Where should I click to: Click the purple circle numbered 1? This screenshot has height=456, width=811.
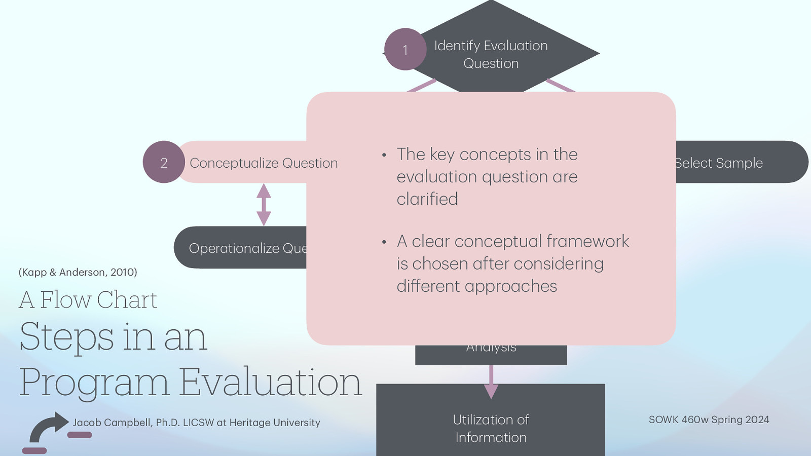click(x=405, y=50)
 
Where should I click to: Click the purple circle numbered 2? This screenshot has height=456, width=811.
click(x=164, y=163)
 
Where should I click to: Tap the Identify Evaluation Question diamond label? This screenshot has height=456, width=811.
click(x=491, y=54)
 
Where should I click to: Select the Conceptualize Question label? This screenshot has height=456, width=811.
click(x=263, y=163)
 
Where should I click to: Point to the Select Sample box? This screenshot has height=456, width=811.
click(x=730, y=163)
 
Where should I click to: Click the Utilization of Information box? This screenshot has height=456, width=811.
click(x=491, y=428)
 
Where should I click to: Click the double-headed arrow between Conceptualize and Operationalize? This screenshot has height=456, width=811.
click(x=264, y=205)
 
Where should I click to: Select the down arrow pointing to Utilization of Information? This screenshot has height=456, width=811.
click(x=491, y=383)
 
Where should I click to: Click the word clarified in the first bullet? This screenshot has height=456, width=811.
click(x=427, y=199)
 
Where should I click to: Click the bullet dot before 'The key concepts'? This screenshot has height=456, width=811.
click(x=384, y=155)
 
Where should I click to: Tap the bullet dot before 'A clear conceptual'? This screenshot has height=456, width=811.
click(x=384, y=242)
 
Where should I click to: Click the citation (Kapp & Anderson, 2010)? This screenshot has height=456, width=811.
click(x=78, y=272)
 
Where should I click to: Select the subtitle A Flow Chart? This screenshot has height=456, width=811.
click(x=88, y=299)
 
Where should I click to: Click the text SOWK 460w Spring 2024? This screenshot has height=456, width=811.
click(x=709, y=420)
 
